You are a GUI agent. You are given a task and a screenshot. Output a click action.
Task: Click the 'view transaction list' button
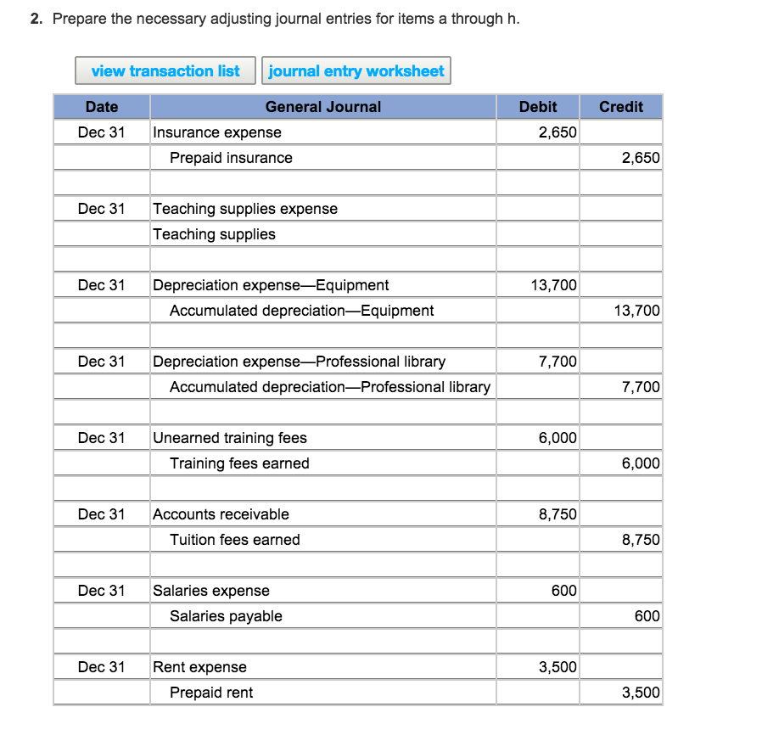[165, 71]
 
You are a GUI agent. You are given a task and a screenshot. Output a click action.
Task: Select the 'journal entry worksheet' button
[356, 71]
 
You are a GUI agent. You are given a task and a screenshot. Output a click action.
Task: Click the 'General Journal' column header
[322, 107]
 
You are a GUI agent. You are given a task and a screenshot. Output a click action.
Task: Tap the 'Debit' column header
[538, 107]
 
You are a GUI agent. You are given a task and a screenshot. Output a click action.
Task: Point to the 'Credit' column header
[621, 107]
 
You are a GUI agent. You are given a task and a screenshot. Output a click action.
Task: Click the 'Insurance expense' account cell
[217, 132]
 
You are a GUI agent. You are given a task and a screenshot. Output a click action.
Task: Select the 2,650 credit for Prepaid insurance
[640, 158]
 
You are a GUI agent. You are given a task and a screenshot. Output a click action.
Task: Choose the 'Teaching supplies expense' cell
[245, 209]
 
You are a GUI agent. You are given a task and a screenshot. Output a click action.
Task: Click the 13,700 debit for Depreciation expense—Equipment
[553, 285]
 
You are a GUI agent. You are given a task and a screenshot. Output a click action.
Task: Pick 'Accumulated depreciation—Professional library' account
[330, 387]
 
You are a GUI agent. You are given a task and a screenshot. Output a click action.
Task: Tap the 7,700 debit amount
[557, 362]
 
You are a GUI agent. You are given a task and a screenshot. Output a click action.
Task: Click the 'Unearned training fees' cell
[230, 438]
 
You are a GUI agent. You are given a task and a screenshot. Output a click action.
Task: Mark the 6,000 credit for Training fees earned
[640, 463]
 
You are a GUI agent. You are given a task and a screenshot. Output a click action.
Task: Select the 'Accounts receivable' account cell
[221, 514]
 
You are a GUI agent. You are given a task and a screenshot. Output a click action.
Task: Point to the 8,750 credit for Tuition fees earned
[640, 540]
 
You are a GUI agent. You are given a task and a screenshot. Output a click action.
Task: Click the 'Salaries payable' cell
[226, 616]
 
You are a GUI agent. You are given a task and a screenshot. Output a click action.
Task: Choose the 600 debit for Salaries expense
[563, 591]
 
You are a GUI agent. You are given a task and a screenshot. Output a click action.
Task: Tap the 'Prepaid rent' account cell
[211, 693]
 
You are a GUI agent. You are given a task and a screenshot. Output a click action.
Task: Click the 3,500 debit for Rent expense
[557, 667]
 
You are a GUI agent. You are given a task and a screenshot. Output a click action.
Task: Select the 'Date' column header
[102, 107]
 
